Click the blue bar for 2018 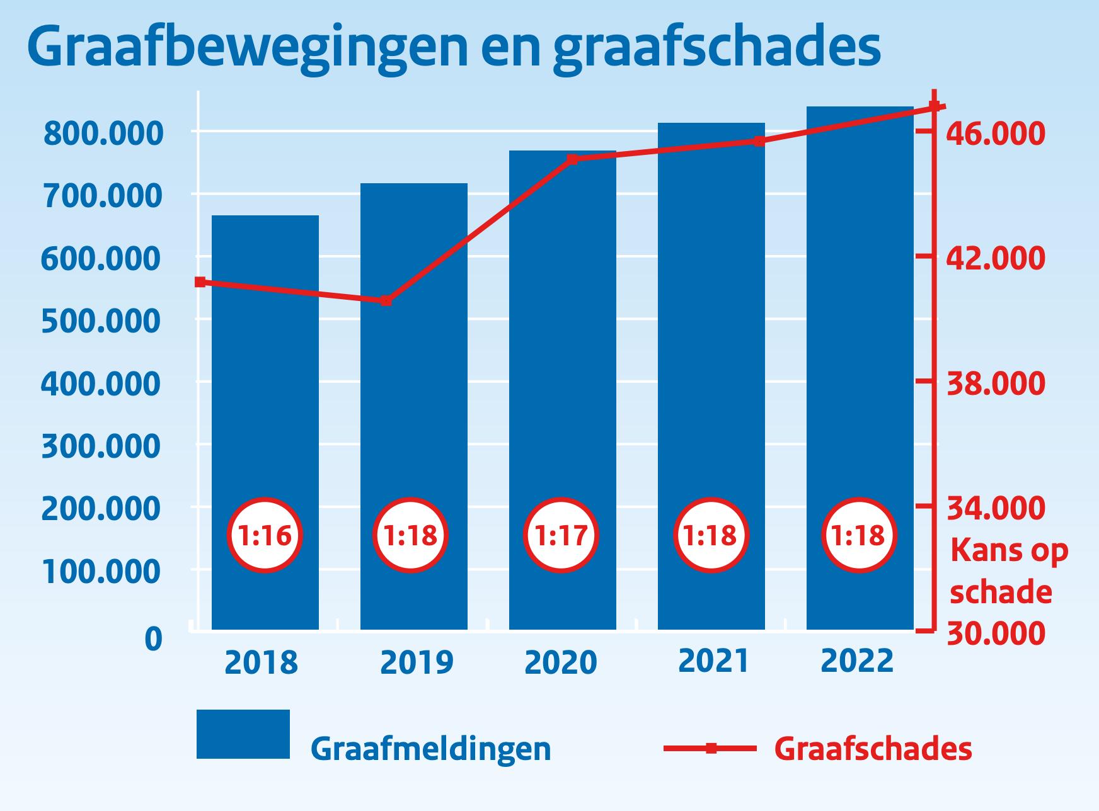[265, 423]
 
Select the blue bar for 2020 [563, 390]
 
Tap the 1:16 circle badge [265, 536]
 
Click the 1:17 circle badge [562, 536]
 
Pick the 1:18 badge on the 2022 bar [859, 536]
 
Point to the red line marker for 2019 [386, 301]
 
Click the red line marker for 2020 [572, 159]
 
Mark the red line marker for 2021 [759, 141]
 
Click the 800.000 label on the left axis [103, 133]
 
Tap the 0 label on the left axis [154, 638]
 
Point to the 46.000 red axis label [996, 133]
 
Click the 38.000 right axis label [996, 383]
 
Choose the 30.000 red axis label [996, 633]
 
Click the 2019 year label [417, 662]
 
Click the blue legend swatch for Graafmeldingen [243, 734]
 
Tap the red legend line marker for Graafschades [710, 749]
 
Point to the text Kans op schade [1008, 571]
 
